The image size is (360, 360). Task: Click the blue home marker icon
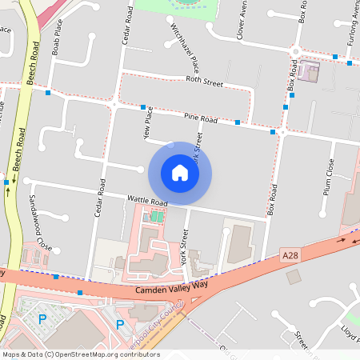click(x=180, y=173)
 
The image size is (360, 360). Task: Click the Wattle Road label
click(x=147, y=200)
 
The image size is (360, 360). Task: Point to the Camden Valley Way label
click(x=171, y=288)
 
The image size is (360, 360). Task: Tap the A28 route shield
click(x=291, y=254)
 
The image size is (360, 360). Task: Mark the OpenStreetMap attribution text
click(x=80, y=354)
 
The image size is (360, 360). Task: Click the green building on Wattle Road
click(x=152, y=217)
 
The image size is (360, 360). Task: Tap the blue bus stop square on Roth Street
click(x=49, y=94)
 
